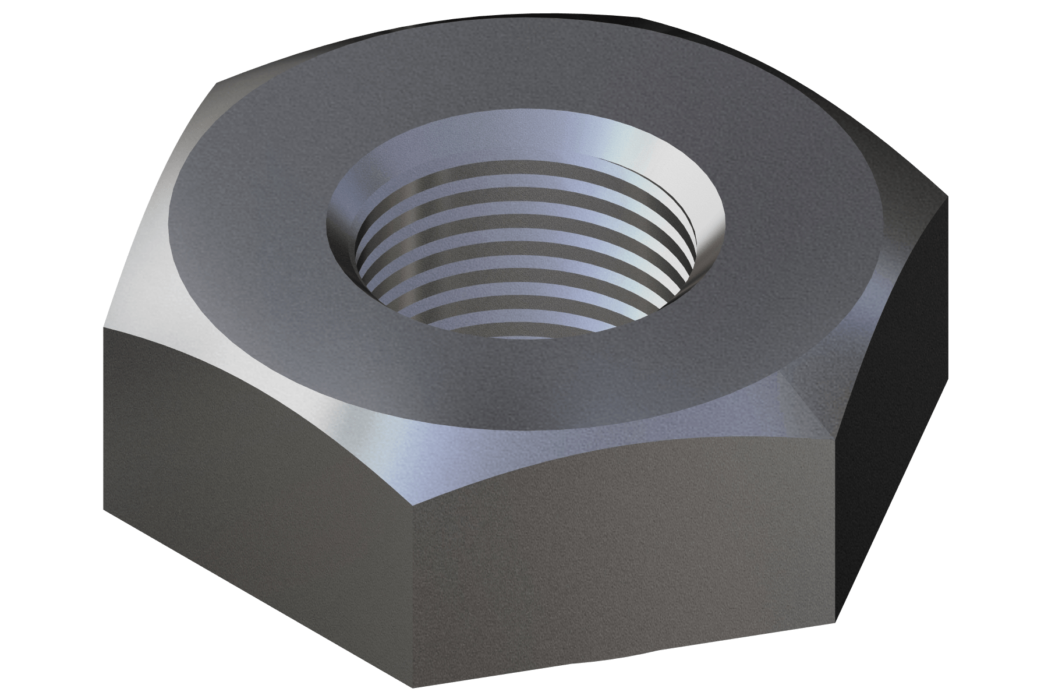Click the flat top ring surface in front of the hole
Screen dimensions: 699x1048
[524, 384]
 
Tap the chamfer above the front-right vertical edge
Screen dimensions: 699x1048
[815, 396]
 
